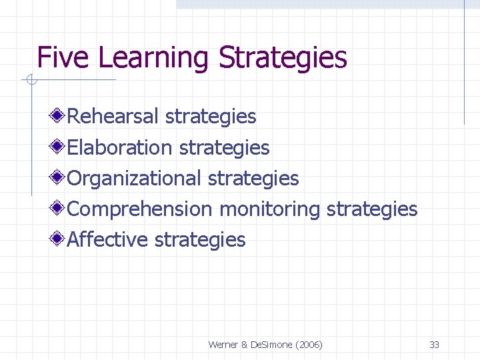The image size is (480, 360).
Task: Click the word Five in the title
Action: tap(64, 58)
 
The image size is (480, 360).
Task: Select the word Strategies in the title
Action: tap(283, 58)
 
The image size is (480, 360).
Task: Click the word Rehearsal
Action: tap(113, 117)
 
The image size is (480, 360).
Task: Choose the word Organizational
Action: tap(134, 178)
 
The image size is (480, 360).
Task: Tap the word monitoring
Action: tap(270, 209)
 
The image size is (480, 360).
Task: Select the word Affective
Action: tap(108, 239)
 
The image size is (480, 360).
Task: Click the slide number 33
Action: tap(434, 345)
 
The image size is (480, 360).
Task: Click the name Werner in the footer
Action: tap(224, 345)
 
